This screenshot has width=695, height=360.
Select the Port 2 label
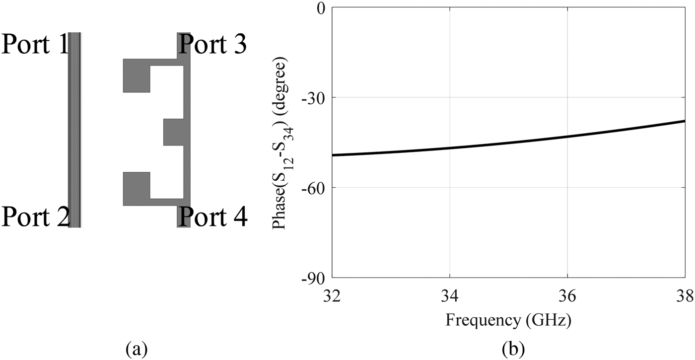[35, 216]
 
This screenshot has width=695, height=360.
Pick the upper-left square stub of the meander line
[136, 75]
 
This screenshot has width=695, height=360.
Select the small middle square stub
[173, 132]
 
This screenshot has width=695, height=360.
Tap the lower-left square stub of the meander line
[136, 189]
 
